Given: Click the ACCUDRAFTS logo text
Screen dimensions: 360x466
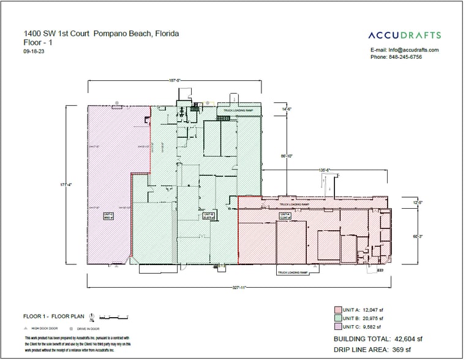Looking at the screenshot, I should click(404, 36).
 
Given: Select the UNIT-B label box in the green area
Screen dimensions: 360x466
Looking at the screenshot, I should click(208, 216).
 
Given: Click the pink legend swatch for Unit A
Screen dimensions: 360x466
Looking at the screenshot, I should click(337, 309).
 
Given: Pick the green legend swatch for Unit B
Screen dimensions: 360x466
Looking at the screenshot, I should click(337, 318).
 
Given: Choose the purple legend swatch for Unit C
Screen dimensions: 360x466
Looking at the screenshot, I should click(337, 327).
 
